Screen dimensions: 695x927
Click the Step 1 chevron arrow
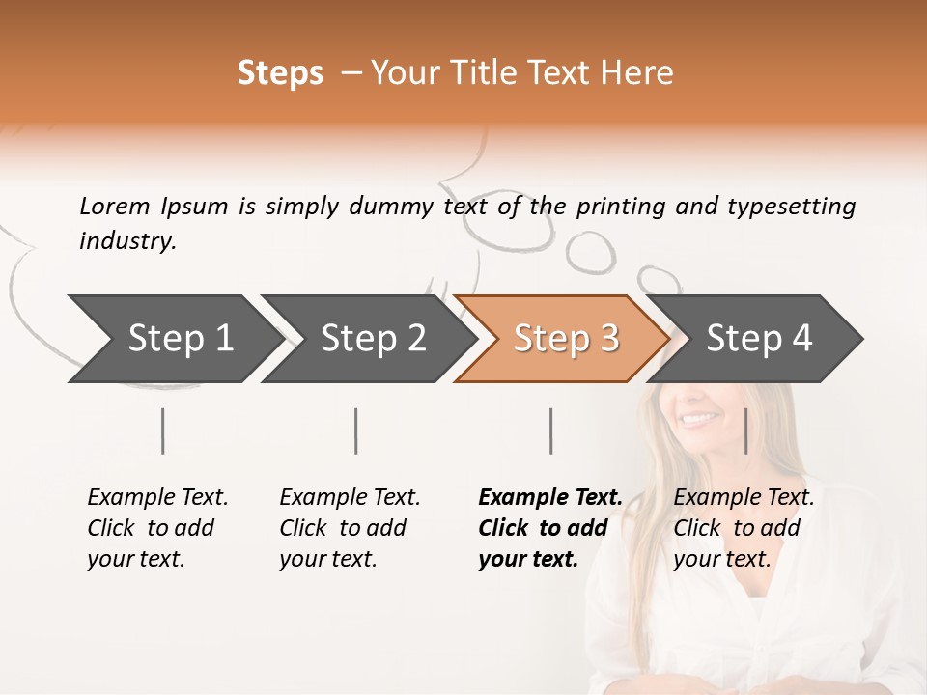pos(180,339)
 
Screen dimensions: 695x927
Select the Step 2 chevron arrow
pos(373,339)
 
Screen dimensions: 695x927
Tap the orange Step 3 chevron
pos(565,339)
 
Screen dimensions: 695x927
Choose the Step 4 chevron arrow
pos(758,339)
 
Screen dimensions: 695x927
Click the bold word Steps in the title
pos(280,73)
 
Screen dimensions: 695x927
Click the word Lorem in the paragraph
pos(115,207)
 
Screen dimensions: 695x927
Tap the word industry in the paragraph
pos(127,241)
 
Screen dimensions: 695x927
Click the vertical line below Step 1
pos(162,431)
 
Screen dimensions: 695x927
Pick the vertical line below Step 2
pos(356,431)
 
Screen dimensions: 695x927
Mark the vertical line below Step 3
pos(550,431)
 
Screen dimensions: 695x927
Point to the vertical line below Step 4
pos(745,431)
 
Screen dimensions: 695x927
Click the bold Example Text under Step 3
pos(550,498)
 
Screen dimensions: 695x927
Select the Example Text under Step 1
pos(157,498)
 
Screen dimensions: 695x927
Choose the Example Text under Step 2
pos(350,498)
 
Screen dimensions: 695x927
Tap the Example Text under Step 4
pos(744,498)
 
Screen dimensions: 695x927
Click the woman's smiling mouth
pos(699,419)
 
